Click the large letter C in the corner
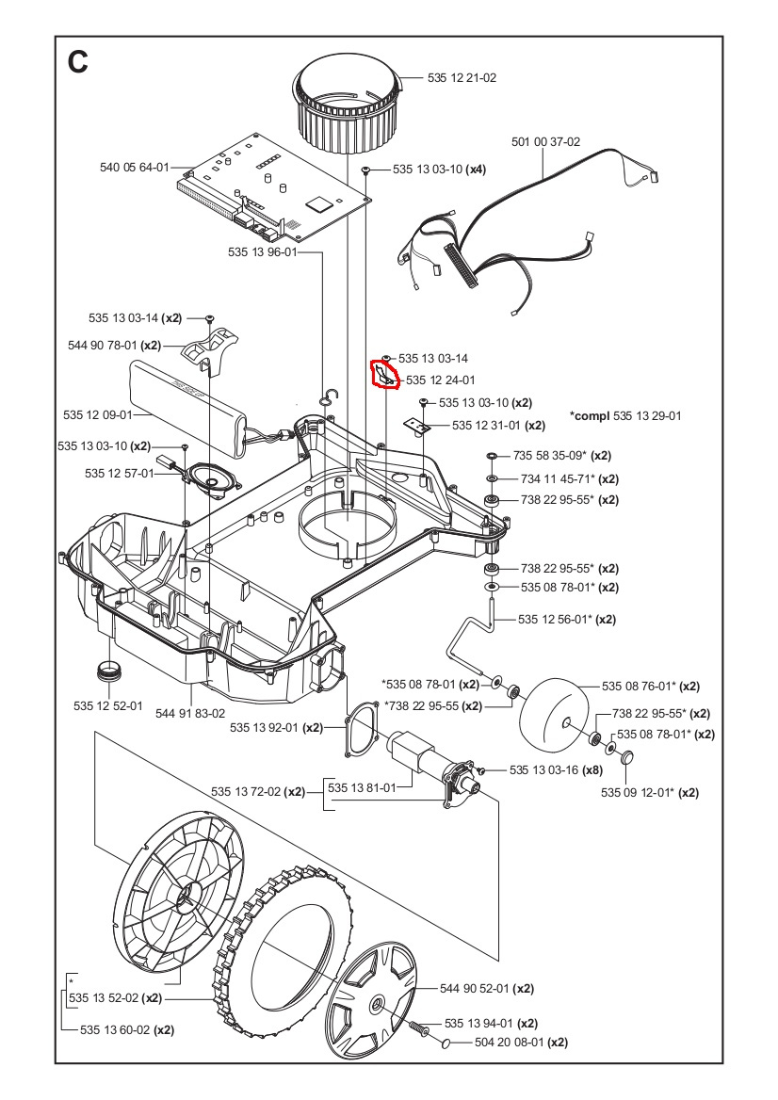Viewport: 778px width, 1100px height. pyautogui.click(x=78, y=61)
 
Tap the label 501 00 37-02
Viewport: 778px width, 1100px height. pyautogui.click(x=546, y=142)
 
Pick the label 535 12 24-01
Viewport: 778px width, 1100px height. pyautogui.click(x=442, y=380)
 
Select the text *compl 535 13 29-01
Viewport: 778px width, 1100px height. pyautogui.click(x=625, y=415)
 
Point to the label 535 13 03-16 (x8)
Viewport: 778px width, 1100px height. pyautogui.click(x=555, y=770)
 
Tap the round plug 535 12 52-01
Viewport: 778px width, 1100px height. pyautogui.click(x=110, y=673)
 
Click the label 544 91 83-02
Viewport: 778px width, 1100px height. pyautogui.click(x=190, y=713)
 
